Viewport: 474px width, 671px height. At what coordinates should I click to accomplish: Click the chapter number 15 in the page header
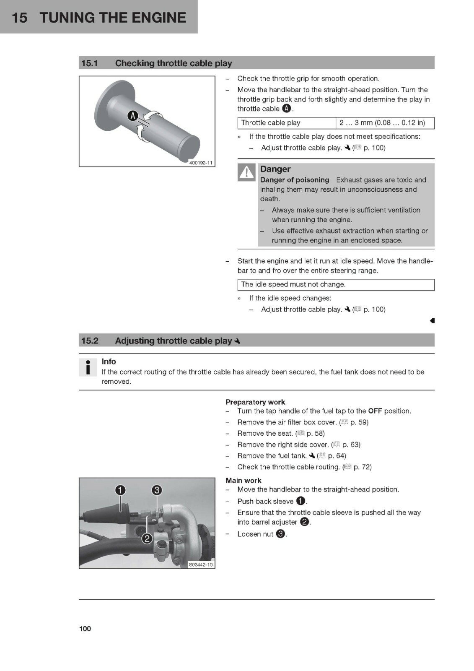pyautogui.click(x=19, y=17)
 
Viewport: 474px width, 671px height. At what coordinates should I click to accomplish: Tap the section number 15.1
pyautogui.click(x=90, y=63)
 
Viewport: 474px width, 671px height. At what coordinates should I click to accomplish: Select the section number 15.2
pyautogui.click(x=90, y=341)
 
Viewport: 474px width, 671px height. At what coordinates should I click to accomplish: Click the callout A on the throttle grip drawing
pyautogui.click(x=133, y=116)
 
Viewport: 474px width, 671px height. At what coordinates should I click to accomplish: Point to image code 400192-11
pyautogui.click(x=201, y=163)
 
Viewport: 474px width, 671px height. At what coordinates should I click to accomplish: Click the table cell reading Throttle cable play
pyautogui.click(x=287, y=123)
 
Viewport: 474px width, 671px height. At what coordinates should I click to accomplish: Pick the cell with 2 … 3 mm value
pyautogui.click(x=385, y=123)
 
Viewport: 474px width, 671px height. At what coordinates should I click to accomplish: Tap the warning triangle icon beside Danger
pyautogui.click(x=246, y=172)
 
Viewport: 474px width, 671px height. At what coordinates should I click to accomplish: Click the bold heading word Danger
pyautogui.click(x=275, y=169)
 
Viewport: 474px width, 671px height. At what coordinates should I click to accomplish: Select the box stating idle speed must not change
pyautogui.click(x=336, y=285)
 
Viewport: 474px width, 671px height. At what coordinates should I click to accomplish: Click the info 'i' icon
pyautogui.click(x=88, y=367)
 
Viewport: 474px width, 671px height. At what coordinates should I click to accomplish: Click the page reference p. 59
pyautogui.click(x=359, y=422)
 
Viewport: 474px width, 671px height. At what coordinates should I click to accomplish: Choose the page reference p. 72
pyautogui.click(x=363, y=467)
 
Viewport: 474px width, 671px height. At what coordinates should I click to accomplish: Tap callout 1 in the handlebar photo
pyautogui.click(x=120, y=490)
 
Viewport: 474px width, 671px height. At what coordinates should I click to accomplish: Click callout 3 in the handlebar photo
pyautogui.click(x=157, y=490)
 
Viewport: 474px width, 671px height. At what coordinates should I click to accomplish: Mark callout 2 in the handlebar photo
pyautogui.click(x=147, y=538)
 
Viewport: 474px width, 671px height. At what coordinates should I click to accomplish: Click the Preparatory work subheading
pyautogui.click(x=255, y=402)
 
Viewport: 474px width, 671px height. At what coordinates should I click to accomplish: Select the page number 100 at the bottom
pyautogui.click(x=85, y=629)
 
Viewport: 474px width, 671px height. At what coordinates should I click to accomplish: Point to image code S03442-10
pyautogui.click(x=201, y=564)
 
